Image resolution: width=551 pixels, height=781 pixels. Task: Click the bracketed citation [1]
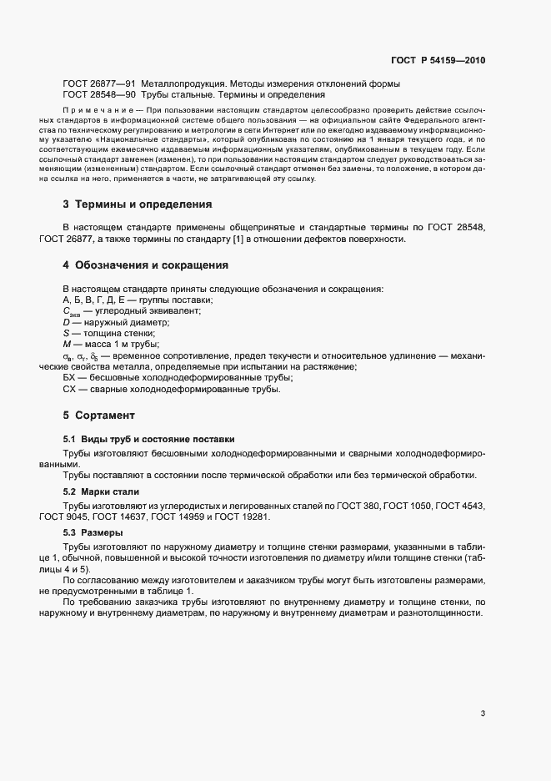pyautogui.click(x=252, y=239)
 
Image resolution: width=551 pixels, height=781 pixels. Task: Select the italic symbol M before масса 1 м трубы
pyautogui.click(x=67, y=344)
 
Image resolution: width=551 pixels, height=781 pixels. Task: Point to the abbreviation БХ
pyautogui.click(x=69, y=378)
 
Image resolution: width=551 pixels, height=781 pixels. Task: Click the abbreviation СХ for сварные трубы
pyautogui.click(x=69, y=389)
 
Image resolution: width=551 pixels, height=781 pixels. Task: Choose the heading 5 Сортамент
pyautogui.click(x=99, y=415)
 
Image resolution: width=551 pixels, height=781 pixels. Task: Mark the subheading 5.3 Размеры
pyautogui.click(x=93, y=532)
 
